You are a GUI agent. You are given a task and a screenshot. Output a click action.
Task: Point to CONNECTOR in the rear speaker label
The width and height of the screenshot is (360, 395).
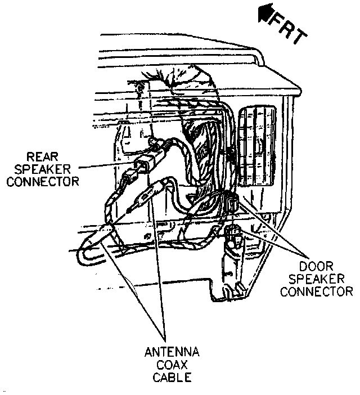(45, 181)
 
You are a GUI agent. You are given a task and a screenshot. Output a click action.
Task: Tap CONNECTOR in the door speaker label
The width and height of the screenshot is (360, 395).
(316, 291)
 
